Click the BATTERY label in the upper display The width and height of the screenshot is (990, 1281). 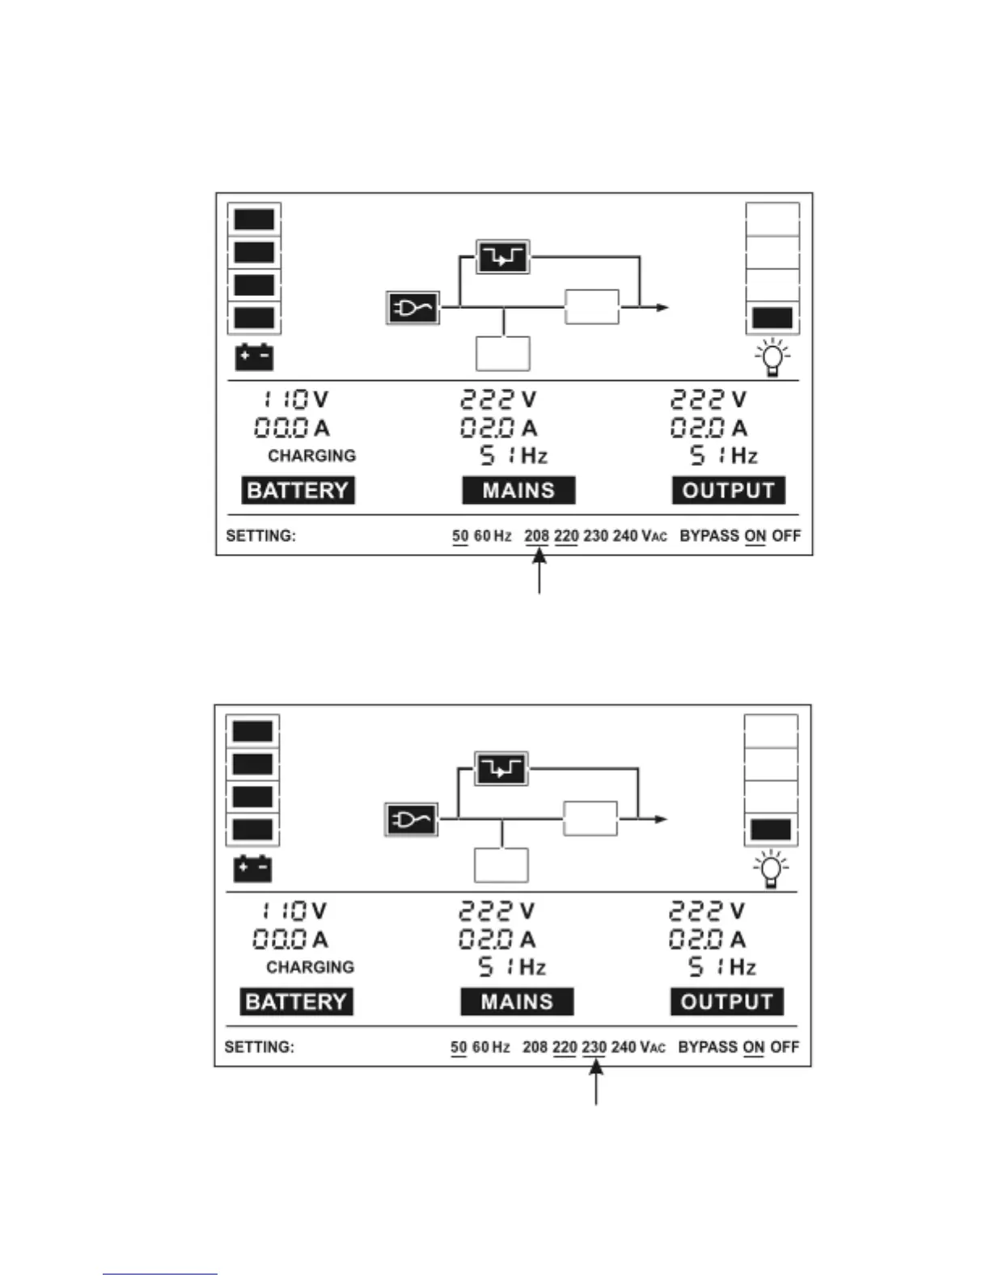[298, 490]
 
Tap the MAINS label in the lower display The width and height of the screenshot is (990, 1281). [517, 1001]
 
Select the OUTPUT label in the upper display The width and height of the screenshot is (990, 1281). [728, 490]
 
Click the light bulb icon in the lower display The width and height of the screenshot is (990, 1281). [771, 869]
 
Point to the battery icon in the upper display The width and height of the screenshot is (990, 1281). [254, 357]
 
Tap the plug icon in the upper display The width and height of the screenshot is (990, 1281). [412, 308]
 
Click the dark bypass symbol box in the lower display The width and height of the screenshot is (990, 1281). [501, 769]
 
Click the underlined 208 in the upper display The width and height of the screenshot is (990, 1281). [536, 535]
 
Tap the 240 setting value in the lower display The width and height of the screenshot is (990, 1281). [624, 1047]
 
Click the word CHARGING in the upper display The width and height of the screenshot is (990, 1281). [311, 456]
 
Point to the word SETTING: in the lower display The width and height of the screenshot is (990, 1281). [259, 1047]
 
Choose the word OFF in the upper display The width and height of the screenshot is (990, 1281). [785, 535]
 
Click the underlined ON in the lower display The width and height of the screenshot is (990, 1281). [753, 1047]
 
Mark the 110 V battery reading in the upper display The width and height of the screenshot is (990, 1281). [294, 400]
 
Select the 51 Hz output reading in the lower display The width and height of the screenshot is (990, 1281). [721, 967]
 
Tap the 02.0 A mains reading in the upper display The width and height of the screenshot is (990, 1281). [498, 428]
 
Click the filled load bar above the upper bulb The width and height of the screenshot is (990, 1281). [772, 318]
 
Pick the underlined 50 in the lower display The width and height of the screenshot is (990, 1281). [459, 1047]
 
